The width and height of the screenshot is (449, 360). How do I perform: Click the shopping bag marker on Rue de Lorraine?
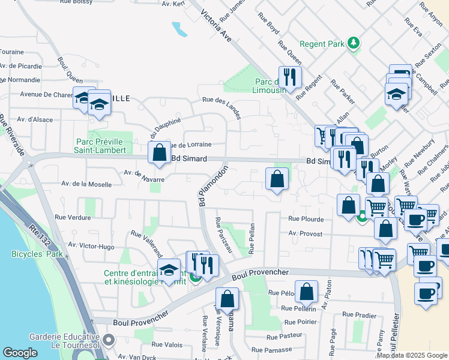coord(160,152)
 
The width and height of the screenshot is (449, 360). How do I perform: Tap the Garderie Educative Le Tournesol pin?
coord(108,341)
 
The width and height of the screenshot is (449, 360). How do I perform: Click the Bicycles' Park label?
coord(37,254)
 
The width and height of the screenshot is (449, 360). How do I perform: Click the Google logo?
coord(20,353)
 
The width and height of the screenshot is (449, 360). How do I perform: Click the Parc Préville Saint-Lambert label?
coord(101,146)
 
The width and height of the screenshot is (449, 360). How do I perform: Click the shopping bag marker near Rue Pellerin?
coord(306,292)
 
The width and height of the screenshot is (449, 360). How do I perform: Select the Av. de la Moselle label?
coord(86,183)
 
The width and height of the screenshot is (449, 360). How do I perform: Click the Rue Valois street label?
coord(166,344)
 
